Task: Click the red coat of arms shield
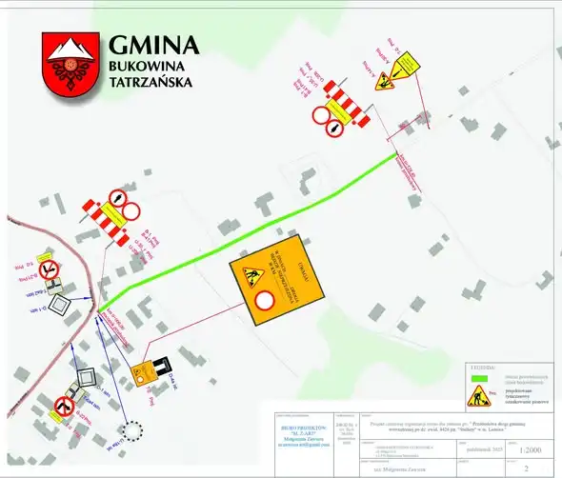[x=69, y=64]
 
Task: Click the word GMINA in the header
[x=153, y=46]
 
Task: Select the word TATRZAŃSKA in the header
[x=151, y=83]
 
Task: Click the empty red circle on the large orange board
[x=266, y=301]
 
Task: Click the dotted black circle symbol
[x=131, y=432]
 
